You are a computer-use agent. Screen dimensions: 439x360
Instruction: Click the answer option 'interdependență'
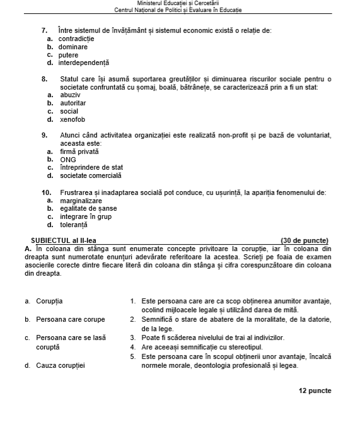click(84, 63)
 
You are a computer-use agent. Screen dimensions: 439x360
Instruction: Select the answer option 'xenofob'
click(73, 119)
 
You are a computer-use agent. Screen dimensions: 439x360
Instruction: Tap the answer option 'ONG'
click(68, 160)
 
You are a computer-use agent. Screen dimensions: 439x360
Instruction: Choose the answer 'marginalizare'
click(81, 201)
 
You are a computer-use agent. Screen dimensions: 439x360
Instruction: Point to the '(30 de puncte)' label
click(304, 240)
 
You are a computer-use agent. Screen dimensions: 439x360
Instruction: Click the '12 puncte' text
click(315, 391)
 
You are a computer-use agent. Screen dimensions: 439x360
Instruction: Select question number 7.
click(44, 30)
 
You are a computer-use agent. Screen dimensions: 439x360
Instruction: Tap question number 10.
click(46, 192)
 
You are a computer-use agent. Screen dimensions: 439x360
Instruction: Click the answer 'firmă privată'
click(79, 152)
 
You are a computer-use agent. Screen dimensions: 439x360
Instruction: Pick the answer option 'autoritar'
click(73, 103)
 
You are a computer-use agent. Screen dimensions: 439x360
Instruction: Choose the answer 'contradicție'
click(77, 38)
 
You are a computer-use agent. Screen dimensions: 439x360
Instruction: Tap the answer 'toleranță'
click(74, 225)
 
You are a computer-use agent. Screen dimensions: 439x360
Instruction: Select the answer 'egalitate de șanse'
click(88, 209)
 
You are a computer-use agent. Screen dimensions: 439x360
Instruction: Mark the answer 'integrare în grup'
click(86, 216)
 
